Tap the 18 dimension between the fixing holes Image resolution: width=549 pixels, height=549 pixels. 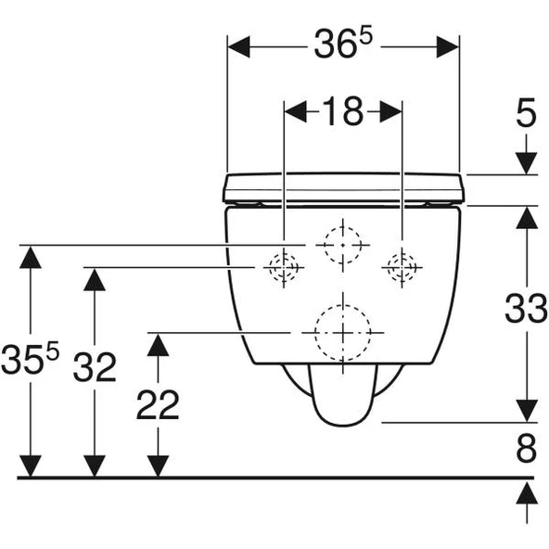point(342,112)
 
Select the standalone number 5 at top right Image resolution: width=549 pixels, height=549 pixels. point(526,115)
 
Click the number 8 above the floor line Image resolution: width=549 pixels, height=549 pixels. point(526,450)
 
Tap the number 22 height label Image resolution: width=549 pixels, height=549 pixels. point(158,404)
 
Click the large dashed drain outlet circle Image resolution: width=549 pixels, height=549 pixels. point(343,332)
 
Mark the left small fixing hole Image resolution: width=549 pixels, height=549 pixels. point(283,268)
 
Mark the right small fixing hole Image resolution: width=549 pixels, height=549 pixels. point(402,268)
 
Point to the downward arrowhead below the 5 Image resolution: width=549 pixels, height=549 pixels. point(526,161)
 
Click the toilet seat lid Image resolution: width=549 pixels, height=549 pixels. point(343,187)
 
